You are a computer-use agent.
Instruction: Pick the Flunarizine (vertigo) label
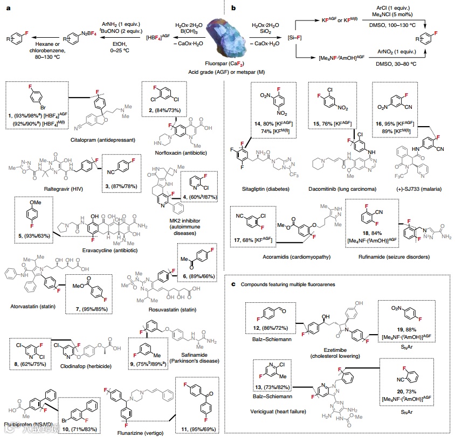140,431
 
